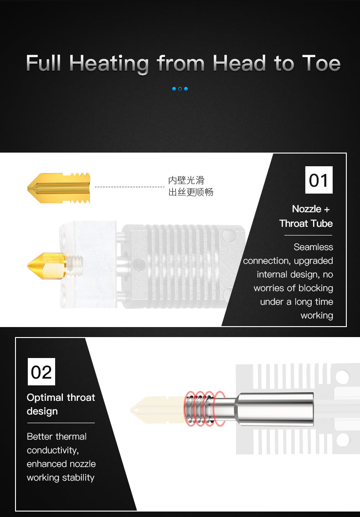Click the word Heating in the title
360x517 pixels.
click(x=109, y=64)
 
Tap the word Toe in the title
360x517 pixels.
click(x=321, y=63)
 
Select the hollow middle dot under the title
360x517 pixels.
click(x=180, y=89)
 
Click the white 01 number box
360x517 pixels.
click(x=319, y=179)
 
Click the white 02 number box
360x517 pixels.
click(x=41, y=372)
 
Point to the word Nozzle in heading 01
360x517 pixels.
click(x=307, y=209)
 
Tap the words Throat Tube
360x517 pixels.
click(x=306, y=224)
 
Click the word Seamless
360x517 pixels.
click(x=313, y=247)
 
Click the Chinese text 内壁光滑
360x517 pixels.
click(x=186, y=180)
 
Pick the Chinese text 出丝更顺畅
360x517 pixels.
click(x=191, y=192)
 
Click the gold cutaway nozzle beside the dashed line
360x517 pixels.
click(x=59, y=188)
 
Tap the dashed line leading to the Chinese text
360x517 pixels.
click(x=129, y=187)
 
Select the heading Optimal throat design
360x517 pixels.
click(x=61, y=404)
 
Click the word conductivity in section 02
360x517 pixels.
click(x=53, y=450)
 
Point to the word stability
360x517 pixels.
click(x=78, y=478)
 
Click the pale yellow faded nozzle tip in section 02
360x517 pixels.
click(x=157, y=410)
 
